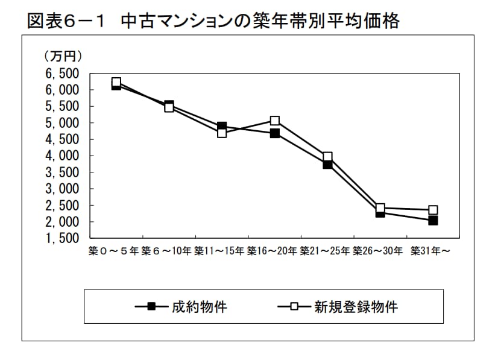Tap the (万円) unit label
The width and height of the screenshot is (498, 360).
pyautogui.click(x=63, y=57)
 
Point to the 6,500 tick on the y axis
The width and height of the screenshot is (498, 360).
pyautogui.click(x=62, y=74)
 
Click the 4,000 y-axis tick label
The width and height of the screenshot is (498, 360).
pyautogui.click(x=62, y=156)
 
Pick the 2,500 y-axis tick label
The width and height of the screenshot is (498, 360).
pyautogui.click(x=62, y=206)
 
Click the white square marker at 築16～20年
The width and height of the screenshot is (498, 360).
pyautogui.click(x=275, y=121)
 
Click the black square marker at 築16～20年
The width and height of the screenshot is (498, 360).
pyautogui.click(x=275, y=133)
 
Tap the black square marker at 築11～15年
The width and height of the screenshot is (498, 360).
pyautogui.click(x=222, y=127)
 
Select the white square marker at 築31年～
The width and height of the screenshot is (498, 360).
pyautogui.click(x=433, y=210)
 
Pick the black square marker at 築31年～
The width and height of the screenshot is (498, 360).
pyautogui.click(x=433, y=221)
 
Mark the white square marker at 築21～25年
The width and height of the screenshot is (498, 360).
pyautogui.click(x=327, y=157)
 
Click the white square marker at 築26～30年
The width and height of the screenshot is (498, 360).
pyautogui.click(x=380, y=208)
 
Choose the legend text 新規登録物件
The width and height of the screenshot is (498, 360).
pyautogui.click(x=356, y=307)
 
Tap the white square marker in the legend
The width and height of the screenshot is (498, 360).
pyautogui.click(x=294, y=307)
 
